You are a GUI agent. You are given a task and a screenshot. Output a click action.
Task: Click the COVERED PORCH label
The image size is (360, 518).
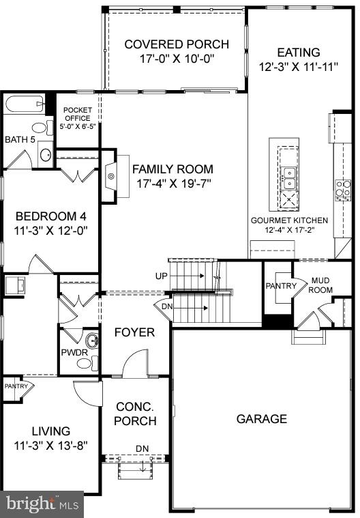(x=176, y=44)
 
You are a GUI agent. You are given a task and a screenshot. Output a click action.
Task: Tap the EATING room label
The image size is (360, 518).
(x=298, y=53)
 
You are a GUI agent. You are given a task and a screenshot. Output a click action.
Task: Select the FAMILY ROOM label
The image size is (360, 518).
(x=172, y=169)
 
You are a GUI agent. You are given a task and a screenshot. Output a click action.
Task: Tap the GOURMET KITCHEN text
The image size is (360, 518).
(x=289, y=221)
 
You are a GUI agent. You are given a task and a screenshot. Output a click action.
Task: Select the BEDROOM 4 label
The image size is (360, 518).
(x=51, y=216)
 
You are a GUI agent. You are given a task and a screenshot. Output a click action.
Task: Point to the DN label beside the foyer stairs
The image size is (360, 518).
(x=166, y=307)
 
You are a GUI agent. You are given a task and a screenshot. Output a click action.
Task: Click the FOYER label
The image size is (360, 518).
(x=134, y=332)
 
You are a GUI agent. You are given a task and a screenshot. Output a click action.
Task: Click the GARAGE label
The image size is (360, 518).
(x=261, y=418)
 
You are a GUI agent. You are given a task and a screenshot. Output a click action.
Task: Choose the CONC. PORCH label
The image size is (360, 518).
(x=135, y=413)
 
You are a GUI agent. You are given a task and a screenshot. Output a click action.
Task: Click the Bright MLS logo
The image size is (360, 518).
(x=41, y=504)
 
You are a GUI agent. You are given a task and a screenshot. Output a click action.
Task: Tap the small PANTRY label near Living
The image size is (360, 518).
(x=16, y=386)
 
